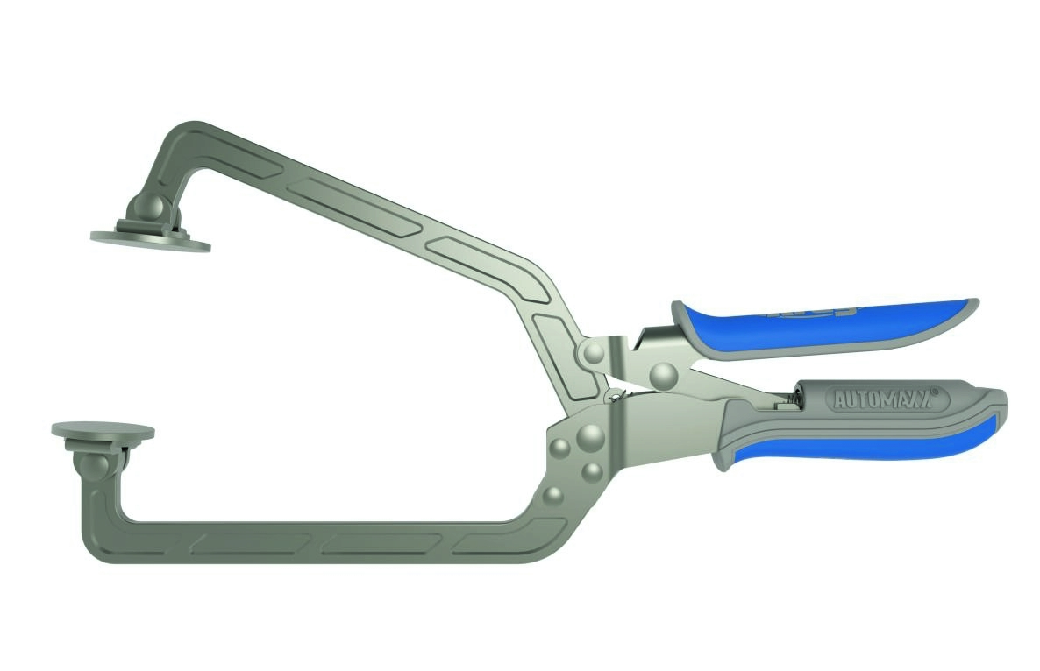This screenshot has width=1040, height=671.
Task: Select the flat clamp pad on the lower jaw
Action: point(103,431)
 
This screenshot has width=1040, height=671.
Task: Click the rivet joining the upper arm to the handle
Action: point(595,354)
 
